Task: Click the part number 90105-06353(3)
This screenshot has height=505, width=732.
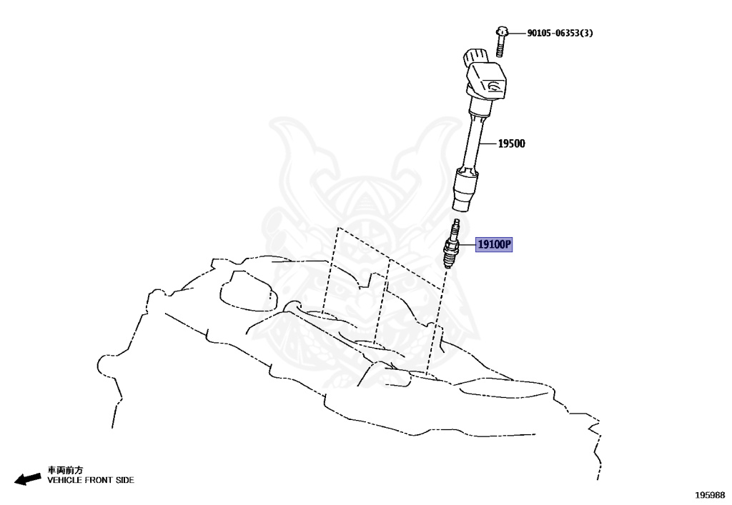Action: pyautogui.click(x=560, y=33)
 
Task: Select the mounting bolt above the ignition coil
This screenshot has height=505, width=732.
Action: pyautogui.click(x=501, y=41)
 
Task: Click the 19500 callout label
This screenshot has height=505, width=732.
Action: pyautogui.click(x=511, y=144)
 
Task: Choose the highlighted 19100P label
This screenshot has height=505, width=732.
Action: pyautogui.click(x=495, y=245)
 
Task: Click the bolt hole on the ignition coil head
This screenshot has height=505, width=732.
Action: pyautogui.click(x=494, y=86)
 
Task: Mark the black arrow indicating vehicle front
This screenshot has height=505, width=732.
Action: pyautogui.click(x=28, y=478)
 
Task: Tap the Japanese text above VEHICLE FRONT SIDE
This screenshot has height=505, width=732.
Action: pyautogui.click(x=65, y=470)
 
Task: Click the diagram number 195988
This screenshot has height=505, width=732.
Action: pyautogui.click(x=711, y=494)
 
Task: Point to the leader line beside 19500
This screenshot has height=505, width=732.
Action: pyautogui.click(x=488, y=144)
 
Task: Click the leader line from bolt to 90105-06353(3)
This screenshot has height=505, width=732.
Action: pyautogui.click(x=518, y=33)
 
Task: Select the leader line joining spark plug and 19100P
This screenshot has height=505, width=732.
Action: pyautogui.click(x=467, y=245)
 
